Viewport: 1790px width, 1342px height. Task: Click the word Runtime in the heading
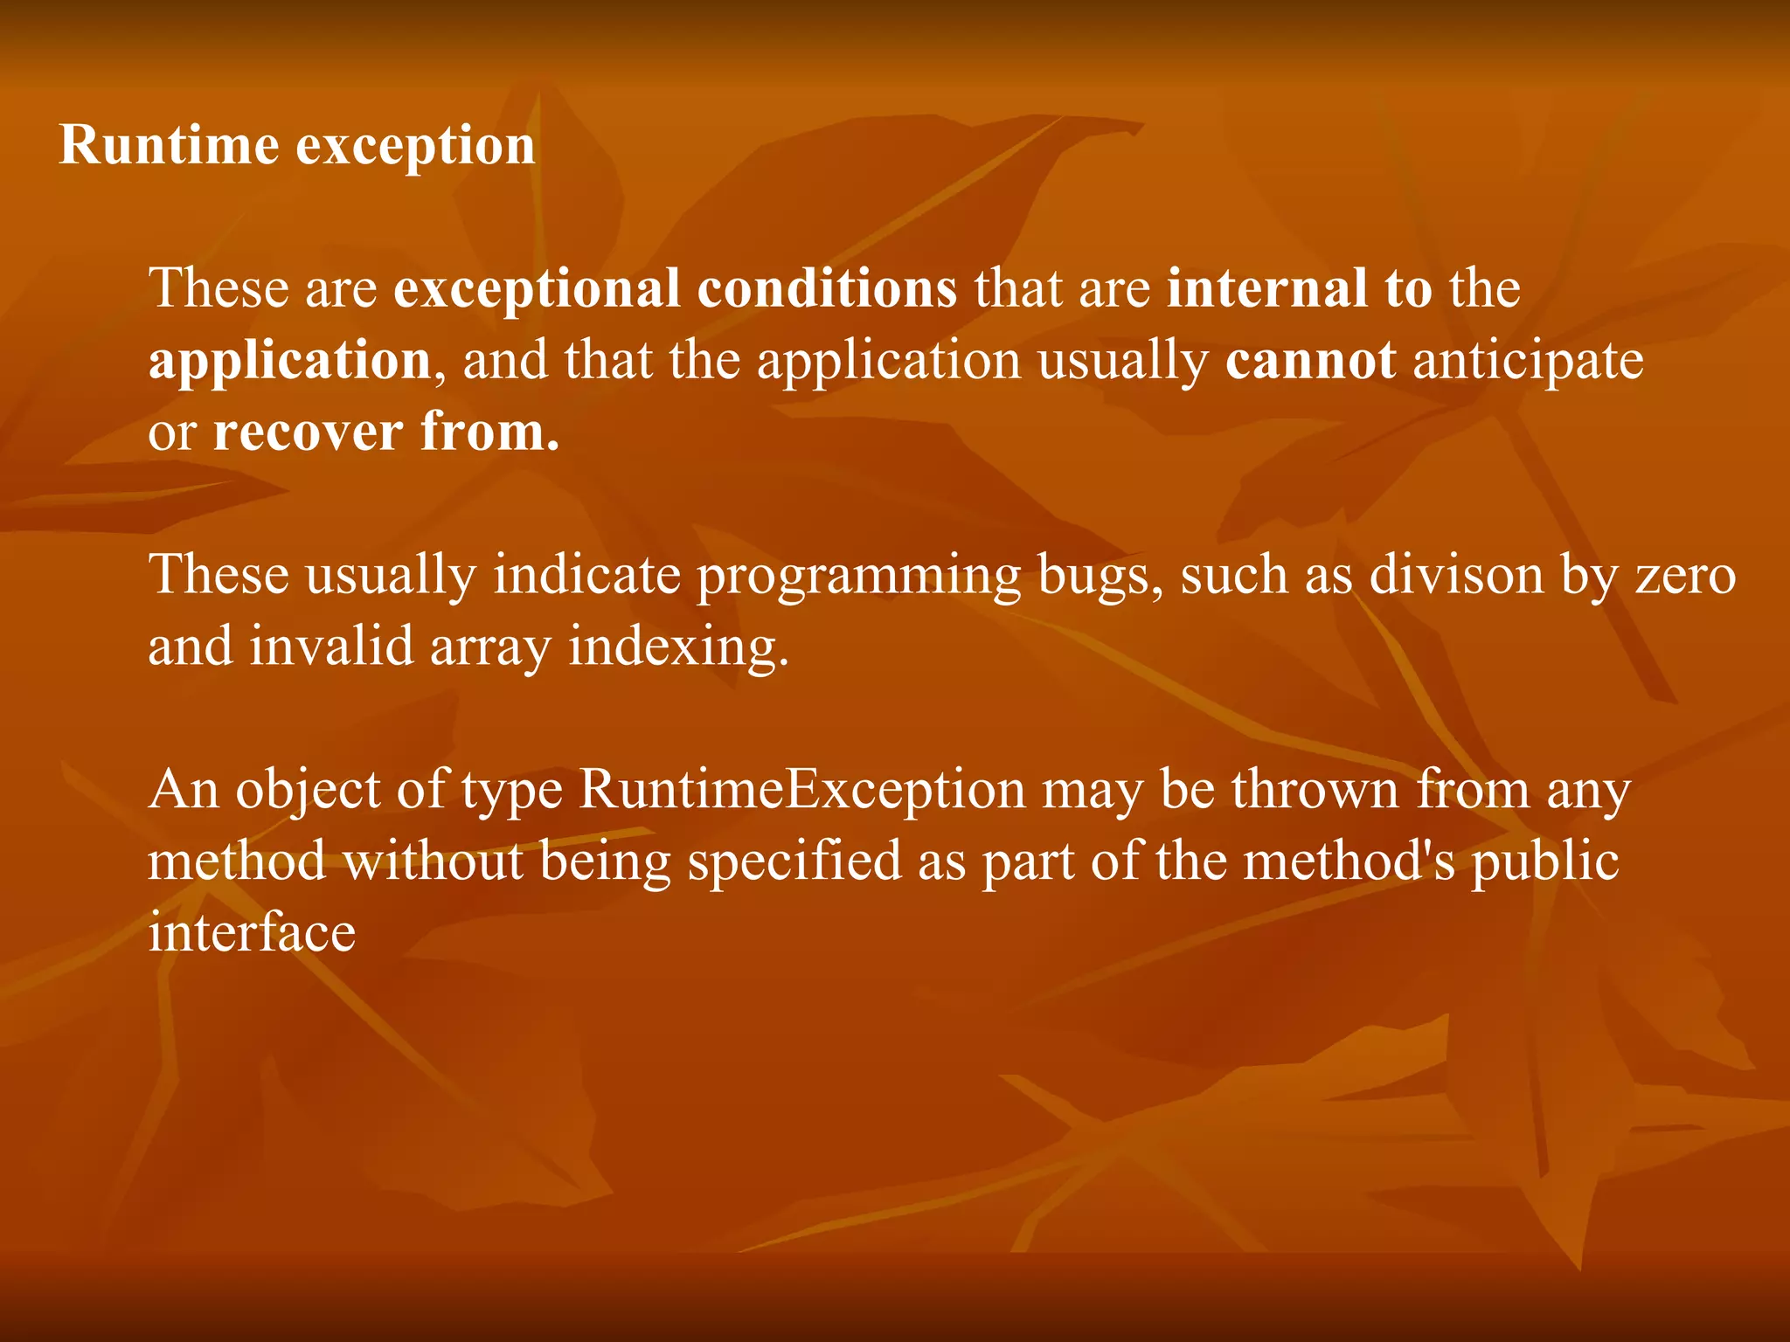(169, 145)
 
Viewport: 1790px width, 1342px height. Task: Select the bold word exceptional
(536, 290)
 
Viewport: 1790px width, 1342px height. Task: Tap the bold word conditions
(827, 288)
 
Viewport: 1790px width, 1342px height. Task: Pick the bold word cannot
(1310, 360)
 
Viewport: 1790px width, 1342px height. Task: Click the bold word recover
(308, 432)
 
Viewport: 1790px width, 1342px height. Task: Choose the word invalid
(331, 647)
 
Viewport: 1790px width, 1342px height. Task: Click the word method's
(1349, 861)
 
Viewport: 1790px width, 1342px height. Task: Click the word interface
(252, 933)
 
